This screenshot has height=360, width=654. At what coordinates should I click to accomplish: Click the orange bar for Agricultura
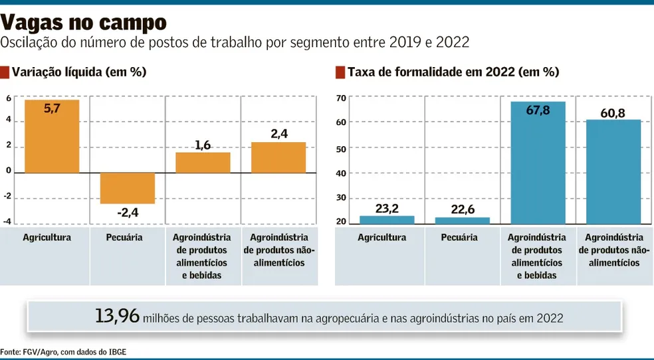[52, 136]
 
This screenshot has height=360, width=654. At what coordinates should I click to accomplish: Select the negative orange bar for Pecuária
[127, 188]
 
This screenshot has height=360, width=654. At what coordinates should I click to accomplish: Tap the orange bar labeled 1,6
[203, 163]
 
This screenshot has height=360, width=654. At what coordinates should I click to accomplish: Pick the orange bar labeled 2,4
[278, 157]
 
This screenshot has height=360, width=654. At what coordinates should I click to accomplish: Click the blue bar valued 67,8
[538, 163]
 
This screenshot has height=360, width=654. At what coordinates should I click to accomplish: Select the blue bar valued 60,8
[613, 172]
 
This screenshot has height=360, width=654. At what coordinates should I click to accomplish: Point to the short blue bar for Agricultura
[387, 220]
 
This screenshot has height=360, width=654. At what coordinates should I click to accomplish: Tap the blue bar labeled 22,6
[462, 221]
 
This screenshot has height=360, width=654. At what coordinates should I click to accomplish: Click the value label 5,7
[52, 109]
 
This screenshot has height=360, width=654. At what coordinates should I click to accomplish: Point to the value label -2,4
[126, 213]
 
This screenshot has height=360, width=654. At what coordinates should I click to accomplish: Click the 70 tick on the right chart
[342, 98]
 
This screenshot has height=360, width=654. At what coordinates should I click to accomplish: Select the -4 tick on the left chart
[8, 222]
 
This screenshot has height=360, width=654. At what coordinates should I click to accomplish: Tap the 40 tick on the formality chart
[342, 173]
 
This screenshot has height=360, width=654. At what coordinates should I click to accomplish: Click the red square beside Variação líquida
[5, 72]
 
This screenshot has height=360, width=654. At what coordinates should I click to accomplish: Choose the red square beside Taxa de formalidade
[341, 72]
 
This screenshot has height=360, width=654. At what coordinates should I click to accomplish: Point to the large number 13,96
[117, 317]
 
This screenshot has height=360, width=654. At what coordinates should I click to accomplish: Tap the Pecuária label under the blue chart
[462, 237]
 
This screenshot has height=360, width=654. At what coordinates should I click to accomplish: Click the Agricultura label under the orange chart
[47, 237]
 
